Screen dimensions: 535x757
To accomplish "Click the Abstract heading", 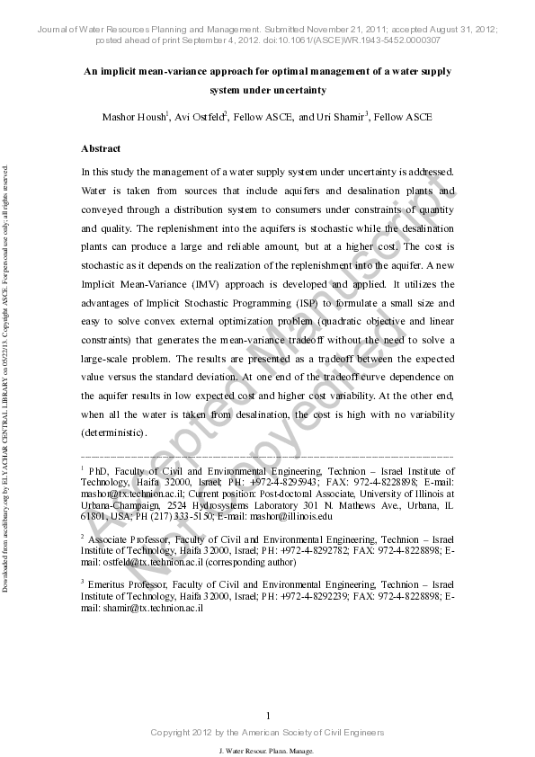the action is (x=102, y=148).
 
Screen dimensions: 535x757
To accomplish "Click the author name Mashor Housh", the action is (x=134, y=117).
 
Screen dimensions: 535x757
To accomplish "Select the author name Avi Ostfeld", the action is (x=199, y=117).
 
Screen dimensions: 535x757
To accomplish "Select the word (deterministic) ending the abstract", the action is (x=113, y=433).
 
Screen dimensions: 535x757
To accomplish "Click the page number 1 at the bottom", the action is (x=268, y=715).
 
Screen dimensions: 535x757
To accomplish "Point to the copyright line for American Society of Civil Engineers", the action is (x=267, y=733).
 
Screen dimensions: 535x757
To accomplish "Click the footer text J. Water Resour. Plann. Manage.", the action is (x=267, y=750).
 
